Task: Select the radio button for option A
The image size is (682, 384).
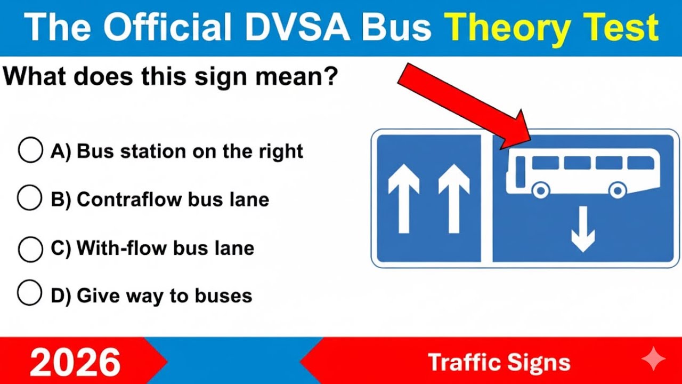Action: (x=30, y=150)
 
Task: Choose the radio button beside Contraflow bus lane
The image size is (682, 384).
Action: (x=30, y=198)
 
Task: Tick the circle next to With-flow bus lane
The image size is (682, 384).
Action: (x=30, y=249)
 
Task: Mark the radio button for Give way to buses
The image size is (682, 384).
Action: (x=30, y=293)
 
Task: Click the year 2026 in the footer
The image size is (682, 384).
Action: (x=75, y=362)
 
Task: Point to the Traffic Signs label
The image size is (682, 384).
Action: (x=499, y=363)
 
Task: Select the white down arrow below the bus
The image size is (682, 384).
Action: (x=582, y=229)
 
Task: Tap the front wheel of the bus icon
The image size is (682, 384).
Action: (x=540, y=190)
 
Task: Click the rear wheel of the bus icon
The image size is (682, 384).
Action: (x=618, y=190)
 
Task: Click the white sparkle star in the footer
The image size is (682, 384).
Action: (x=653, y=361)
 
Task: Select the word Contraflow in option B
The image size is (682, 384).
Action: (x=128, y=199)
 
